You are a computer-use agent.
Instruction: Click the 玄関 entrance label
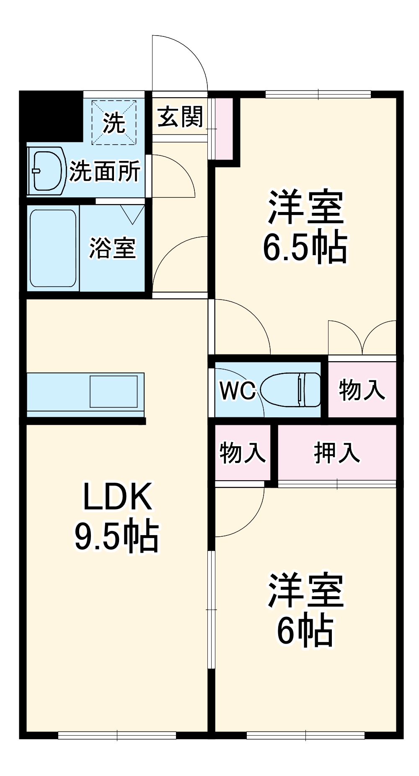[x=180, y=117]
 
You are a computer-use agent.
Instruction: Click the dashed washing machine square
[x=114, y=122]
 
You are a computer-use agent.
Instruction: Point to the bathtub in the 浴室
[x=53, y=248]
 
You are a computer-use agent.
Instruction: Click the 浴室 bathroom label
[x=112, y=248]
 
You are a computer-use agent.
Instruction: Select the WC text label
[x=237, y=391]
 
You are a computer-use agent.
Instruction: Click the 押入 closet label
[x=337, y=453]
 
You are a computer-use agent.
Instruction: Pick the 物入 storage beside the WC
[x=362, y=390]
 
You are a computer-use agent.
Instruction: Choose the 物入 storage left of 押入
[x=243, y=453]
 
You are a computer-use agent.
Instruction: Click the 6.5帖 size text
[x=305, y=247]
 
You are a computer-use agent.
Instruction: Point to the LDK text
[x=117, y=497]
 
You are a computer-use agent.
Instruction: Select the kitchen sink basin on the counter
[x=114, y=391]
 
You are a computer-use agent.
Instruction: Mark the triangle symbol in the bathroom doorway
[x=133, y=214]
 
